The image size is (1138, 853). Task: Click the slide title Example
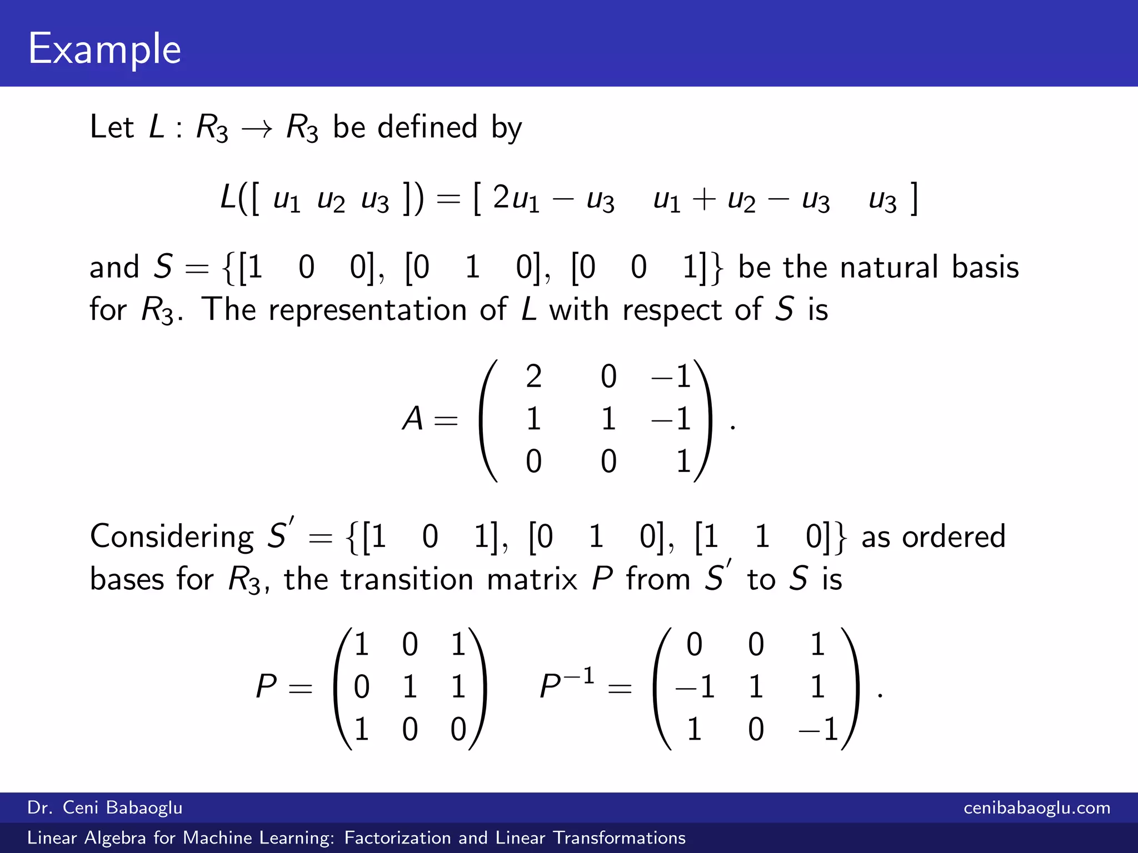104,49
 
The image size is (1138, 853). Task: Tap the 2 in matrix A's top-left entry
533,377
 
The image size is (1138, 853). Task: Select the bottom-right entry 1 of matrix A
683,461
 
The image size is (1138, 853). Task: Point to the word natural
889,267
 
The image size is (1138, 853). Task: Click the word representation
367,310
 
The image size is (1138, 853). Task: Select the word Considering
172,536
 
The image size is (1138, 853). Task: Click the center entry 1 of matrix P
410,687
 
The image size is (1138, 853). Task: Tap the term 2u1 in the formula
516,198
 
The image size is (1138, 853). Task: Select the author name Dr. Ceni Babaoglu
105,807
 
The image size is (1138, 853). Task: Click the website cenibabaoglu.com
1037,807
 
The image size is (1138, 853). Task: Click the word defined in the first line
427,127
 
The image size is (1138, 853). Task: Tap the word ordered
954,536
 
